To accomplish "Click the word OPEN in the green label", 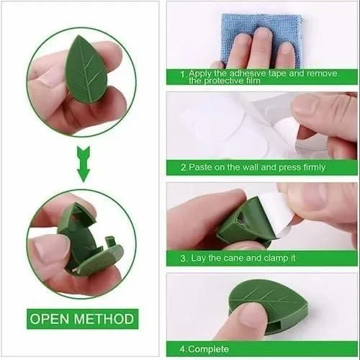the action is point(50,319).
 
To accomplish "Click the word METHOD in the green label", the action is point(104,319).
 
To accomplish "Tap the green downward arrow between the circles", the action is point(84,164).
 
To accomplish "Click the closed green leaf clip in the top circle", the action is point(86,70).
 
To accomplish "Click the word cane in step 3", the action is point(233,258).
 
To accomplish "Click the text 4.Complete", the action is point(204,349).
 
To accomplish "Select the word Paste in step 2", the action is point(201,167).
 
